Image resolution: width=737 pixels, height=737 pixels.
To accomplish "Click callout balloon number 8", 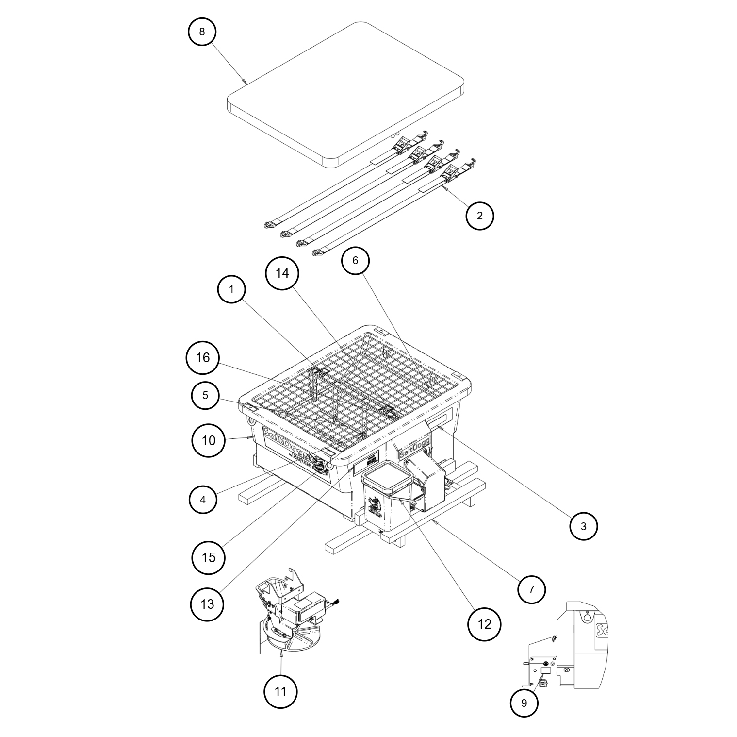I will (x=202, y=32).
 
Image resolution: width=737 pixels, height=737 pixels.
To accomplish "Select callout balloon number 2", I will (x=479, y=216).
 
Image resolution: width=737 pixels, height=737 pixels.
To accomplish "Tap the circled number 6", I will (x=355, y=261).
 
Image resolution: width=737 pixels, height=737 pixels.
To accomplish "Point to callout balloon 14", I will (x=282, y=273).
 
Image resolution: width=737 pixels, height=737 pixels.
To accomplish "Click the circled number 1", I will (x=231, y=289).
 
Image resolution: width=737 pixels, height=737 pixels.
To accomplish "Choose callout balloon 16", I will (x=203, y=358).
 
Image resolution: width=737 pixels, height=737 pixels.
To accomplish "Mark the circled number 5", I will (x=205, y=395).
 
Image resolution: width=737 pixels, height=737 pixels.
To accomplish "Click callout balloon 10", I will (x=208, y=440).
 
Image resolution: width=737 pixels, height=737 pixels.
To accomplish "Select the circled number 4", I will (x=203, y=499).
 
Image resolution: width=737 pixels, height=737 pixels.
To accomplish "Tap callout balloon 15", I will (x=208, y=557).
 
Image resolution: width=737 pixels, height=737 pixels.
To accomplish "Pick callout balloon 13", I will (x=207, y=604).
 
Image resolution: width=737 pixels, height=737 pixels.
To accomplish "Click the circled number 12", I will (x=484, y=624).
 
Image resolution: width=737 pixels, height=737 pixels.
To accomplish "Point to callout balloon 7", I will (x=531, y=589).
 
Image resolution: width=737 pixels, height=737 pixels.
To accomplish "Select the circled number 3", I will (x=583, y=526).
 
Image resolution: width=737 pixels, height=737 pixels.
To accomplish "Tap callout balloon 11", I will (x=280, y=691).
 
